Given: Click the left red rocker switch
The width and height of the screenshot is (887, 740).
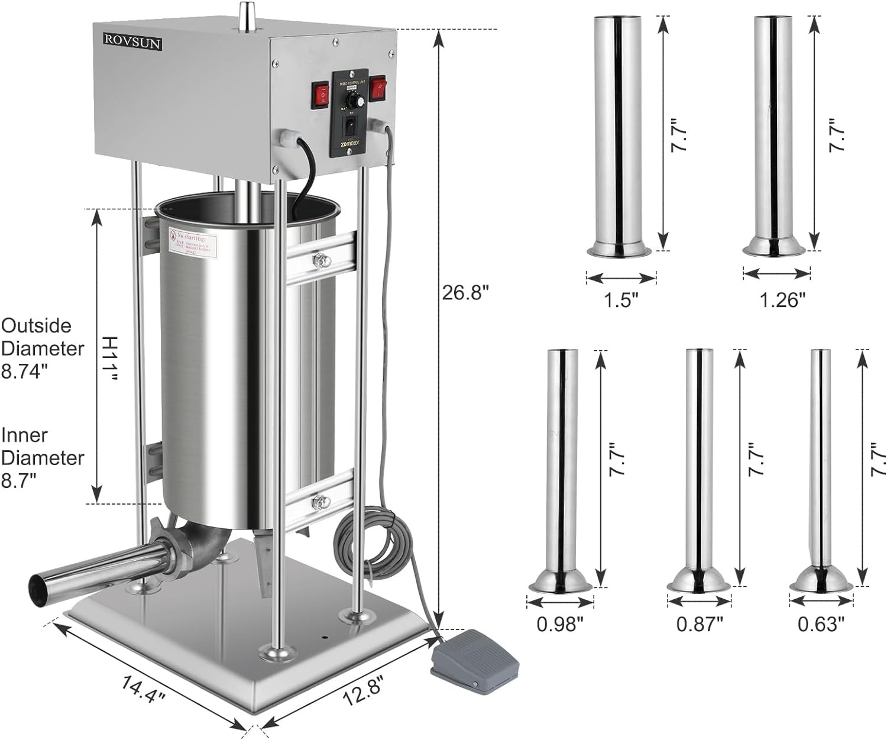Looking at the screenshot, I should tap(321, 95).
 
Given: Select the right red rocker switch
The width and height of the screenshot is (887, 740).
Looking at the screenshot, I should tap(377, 88).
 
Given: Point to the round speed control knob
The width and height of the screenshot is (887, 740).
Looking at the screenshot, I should tap(353, 102).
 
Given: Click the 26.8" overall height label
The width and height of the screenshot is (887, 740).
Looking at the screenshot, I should tap(466, 293).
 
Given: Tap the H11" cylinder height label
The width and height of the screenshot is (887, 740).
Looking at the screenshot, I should tap(110, 358).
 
